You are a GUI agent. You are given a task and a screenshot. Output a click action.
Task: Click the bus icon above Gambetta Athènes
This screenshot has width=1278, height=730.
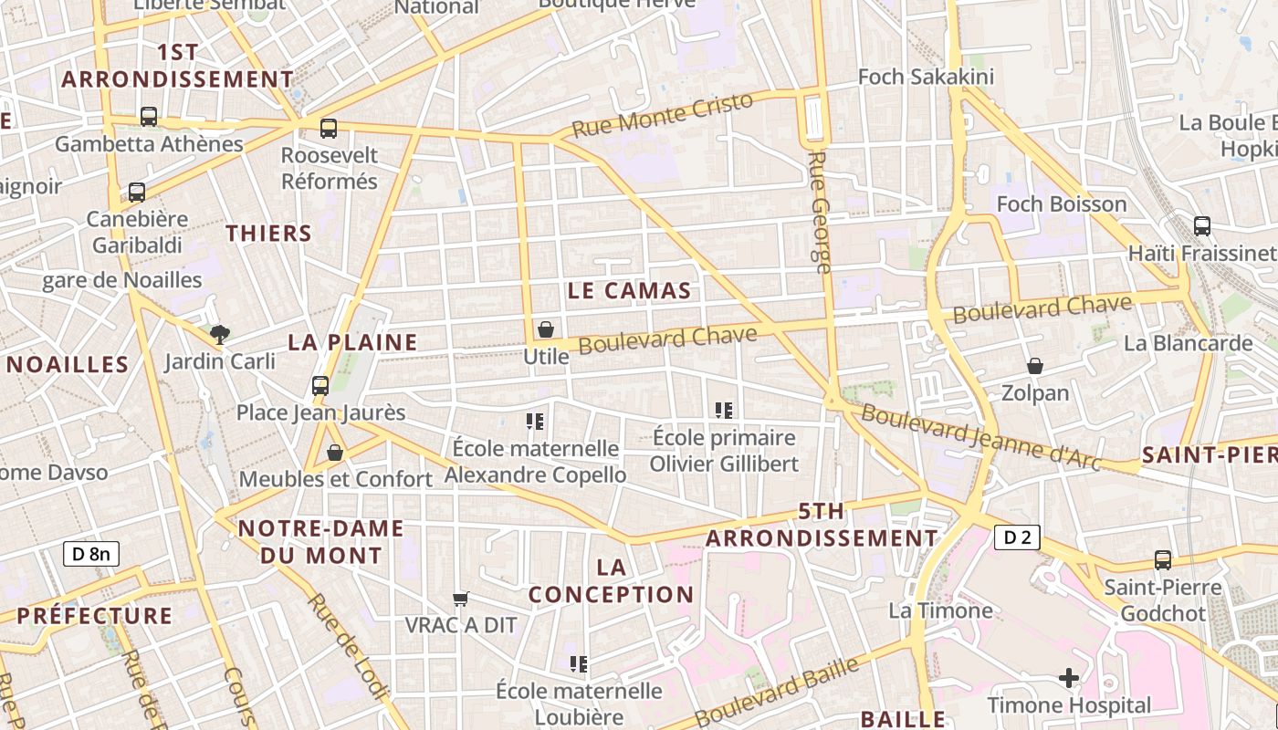pyautogui.click(x=148, y=117)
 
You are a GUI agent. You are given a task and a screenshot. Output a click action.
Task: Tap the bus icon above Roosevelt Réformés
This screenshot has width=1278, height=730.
pyautogui.click(x=329, y=129)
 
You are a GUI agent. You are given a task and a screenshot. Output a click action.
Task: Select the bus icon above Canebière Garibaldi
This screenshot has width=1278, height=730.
pyautogui.click(x=137, y=193)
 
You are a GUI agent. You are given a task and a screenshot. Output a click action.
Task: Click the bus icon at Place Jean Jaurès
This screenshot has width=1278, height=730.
pyautogui.click(x=320, y=386)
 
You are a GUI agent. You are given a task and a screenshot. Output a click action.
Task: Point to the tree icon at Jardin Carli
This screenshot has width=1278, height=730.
pyautogui.click(x=219, y=335)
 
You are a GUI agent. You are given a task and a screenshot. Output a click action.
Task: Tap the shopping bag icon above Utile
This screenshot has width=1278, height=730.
pyautogui.click(x=546, y=329)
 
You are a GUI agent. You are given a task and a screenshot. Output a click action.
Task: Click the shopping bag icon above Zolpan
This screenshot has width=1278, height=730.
pyautogui.click(x=1035, y=367)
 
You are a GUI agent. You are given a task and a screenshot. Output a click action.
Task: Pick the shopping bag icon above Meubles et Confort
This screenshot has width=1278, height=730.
pyautogui.click(x=335, y=453)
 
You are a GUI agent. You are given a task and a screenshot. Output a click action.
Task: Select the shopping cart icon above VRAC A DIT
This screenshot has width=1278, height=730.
pyautogui.click(x=461, y=600)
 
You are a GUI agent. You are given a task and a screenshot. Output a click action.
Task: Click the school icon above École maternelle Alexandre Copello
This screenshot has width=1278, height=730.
pyautogui.click(x=535, y=422)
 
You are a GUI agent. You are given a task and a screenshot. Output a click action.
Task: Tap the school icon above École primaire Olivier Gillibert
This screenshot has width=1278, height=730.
pyautogui.click(x=725, y=411)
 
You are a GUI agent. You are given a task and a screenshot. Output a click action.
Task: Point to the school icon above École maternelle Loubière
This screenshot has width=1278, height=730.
pyautogui.click(x=579, y=663)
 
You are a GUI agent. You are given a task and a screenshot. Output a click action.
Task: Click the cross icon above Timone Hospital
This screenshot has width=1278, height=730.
pyautogui.click(x=1069, y=678)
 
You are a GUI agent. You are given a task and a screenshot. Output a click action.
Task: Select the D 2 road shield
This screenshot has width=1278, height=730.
pyautogui.click(x=1017, y=537)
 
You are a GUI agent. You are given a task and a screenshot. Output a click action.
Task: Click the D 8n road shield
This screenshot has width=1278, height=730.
pyautogui.click(x=91, y=553)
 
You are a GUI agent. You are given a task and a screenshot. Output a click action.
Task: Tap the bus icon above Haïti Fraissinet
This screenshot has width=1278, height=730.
pyautogui.click(x=1202, y=226)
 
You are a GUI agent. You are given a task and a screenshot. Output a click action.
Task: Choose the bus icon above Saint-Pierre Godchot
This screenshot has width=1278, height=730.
pyautogui.click(x=1163, y=560)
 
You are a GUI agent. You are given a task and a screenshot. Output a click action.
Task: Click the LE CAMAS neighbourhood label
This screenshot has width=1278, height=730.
pyautogui.click(x=629, y=291)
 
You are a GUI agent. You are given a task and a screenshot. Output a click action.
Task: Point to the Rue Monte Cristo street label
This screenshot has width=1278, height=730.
pyautogui.click(x=663, y=115)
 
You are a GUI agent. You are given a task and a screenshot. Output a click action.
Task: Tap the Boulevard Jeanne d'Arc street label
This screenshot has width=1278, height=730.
pyautogui.click(x=981, y=438)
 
